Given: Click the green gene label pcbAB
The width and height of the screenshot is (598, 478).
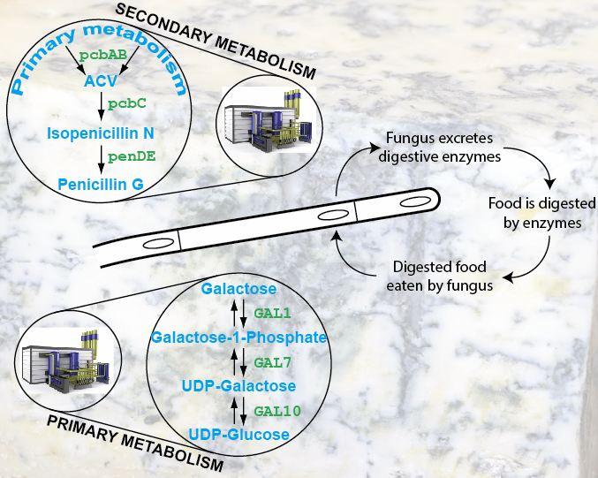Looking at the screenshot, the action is [x=103, y=56].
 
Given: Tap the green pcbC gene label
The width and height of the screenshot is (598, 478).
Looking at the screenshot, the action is [x=127, y=103].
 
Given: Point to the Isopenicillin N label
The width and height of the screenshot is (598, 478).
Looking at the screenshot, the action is [x=101, y=133].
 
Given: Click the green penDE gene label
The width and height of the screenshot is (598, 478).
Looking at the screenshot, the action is [x=132, y=156].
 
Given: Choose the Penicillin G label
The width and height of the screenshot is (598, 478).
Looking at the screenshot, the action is [x=101, y=185].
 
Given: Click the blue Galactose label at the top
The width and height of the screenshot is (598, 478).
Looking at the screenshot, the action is [x=238, y=289].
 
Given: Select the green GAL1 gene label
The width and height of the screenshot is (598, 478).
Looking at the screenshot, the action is [x=272, y=314].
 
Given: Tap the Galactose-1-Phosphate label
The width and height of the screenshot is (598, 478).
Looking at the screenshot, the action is [x=239, y=338].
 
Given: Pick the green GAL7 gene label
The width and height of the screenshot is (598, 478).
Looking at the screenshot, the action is [x=272, y=363].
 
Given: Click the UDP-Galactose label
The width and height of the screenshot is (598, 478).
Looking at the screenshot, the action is [x=238, y=386].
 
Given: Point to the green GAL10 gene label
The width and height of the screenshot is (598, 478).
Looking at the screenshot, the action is [x=277, y=411].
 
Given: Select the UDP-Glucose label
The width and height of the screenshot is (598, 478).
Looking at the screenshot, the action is [x=239, y=435].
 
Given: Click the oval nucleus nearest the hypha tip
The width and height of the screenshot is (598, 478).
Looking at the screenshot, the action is [x=415, y=201].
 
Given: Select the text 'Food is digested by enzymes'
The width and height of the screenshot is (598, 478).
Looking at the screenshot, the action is [x=542, y=213].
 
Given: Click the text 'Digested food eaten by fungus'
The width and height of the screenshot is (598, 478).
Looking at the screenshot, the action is [x=440, y=277].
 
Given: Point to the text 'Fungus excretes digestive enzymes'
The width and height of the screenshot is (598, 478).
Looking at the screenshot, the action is [x=440, y=148].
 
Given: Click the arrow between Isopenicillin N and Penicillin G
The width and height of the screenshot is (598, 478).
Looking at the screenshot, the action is [x=101, y=159].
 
